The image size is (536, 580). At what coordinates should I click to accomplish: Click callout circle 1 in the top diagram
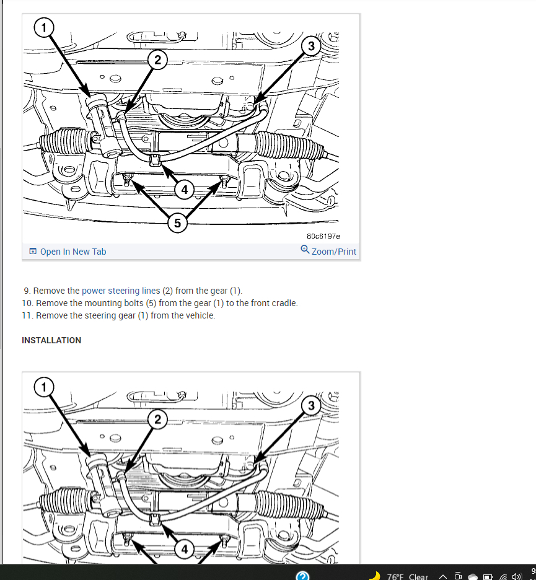tap(44, 27)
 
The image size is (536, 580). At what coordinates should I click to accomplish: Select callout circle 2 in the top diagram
tap(157, 60)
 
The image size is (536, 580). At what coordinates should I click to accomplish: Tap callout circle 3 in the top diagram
tap(311, 46)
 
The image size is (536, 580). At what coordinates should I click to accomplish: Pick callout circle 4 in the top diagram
tap(184, 190)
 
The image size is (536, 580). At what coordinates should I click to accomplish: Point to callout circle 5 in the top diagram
tap(177, 223)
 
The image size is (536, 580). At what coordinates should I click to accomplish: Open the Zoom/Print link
tap(333, 252)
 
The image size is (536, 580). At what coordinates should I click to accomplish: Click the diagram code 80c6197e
tap(323, 236)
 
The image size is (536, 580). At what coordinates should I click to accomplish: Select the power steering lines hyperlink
tap(121, 291)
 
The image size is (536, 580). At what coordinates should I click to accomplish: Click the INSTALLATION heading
tap(51, 340)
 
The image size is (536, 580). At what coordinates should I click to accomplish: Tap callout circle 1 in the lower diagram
tap(44, 387)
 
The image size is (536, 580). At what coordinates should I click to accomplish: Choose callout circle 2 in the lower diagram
tap(157, 420)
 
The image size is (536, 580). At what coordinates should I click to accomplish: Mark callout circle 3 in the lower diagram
tap(311, 405)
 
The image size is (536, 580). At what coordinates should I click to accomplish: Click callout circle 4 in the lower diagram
tap(184, 549)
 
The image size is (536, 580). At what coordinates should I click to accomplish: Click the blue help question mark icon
tap(302, 576)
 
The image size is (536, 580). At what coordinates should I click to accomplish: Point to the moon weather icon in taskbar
tap(375, 576)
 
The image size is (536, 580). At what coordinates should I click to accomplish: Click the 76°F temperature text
tap(395, 577)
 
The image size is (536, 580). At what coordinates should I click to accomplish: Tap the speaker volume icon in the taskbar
tap(516, 576)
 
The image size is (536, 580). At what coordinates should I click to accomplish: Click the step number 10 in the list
tap(27, 303)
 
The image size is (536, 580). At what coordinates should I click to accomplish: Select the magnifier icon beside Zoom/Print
tap(305, 249)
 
